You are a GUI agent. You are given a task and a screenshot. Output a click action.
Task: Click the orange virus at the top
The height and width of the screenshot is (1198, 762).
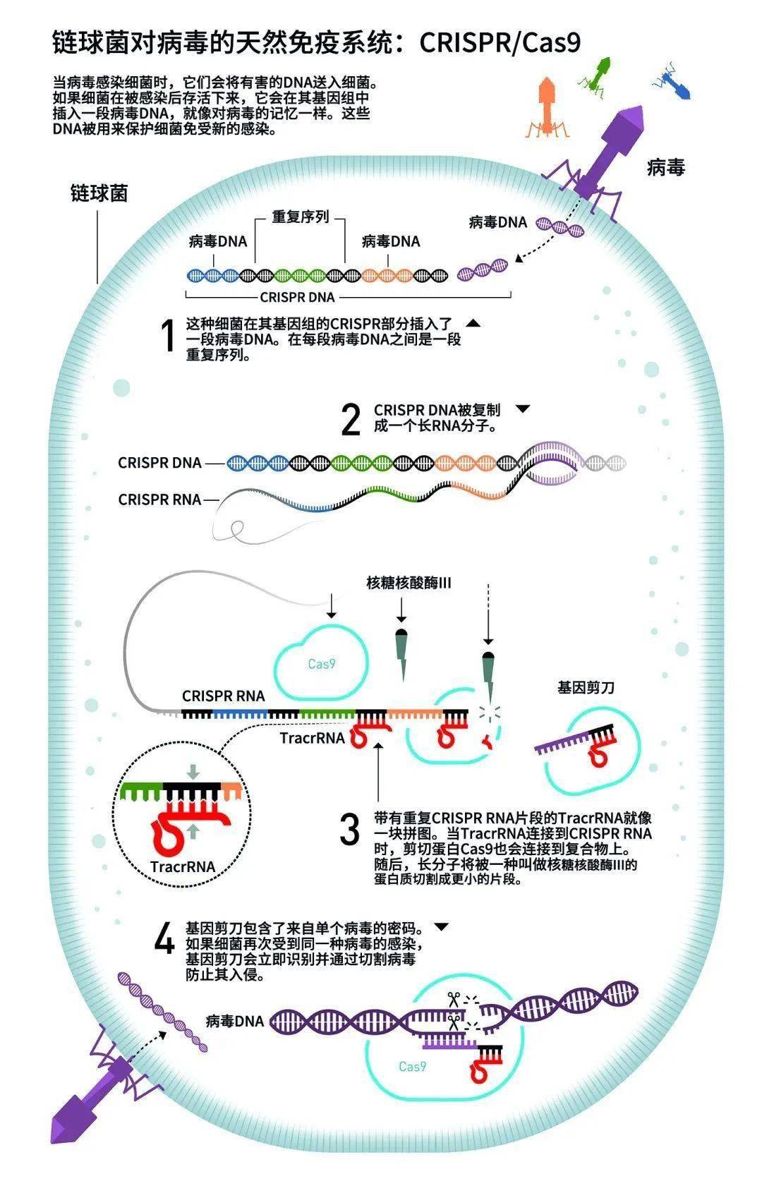547,108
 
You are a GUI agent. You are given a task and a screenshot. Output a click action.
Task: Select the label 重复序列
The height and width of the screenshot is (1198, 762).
301,217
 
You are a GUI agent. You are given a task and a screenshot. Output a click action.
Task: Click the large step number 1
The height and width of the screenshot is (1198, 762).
169,335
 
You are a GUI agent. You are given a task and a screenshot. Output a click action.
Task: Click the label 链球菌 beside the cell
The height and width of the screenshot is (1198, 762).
99,193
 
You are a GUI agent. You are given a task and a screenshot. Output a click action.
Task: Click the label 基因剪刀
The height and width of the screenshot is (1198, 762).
586,687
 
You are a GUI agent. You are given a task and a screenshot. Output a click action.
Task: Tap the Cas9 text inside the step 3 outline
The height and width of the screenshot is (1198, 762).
322,664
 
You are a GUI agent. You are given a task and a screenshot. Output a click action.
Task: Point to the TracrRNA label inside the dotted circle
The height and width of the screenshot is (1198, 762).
183,866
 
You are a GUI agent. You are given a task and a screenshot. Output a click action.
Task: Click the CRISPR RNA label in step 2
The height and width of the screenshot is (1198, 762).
159,500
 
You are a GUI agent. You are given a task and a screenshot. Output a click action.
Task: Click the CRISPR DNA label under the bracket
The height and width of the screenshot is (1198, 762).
297,297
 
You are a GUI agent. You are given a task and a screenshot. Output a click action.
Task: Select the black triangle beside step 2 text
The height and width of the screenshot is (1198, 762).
522,409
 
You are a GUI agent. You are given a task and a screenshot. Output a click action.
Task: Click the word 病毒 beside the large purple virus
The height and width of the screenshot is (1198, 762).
666,167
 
